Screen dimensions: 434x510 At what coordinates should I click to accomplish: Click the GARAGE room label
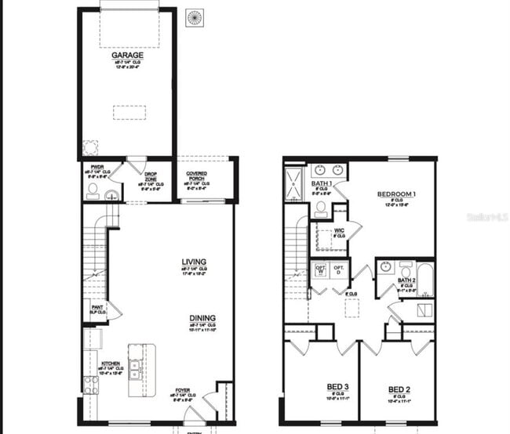127,56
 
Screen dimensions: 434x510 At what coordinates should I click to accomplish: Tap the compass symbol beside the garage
195,17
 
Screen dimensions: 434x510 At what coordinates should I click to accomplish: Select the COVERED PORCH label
196,176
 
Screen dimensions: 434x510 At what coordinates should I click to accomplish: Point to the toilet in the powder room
93,190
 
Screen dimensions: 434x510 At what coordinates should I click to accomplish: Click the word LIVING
193,262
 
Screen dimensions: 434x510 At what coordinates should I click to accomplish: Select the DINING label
202,318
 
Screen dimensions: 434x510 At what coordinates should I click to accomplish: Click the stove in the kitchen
91,384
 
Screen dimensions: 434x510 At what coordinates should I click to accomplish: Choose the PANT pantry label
97,308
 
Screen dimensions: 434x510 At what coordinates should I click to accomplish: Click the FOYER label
182,389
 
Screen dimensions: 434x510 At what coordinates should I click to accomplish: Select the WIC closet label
339,230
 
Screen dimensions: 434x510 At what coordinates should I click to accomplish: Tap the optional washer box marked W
319,270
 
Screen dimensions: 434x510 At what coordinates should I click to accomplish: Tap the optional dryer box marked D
339,270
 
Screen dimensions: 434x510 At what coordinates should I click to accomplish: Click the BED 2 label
399,389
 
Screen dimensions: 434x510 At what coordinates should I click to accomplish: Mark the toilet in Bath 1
321,209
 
